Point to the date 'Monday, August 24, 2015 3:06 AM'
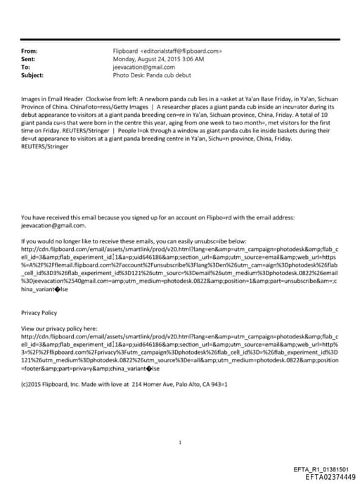click(158, 59)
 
